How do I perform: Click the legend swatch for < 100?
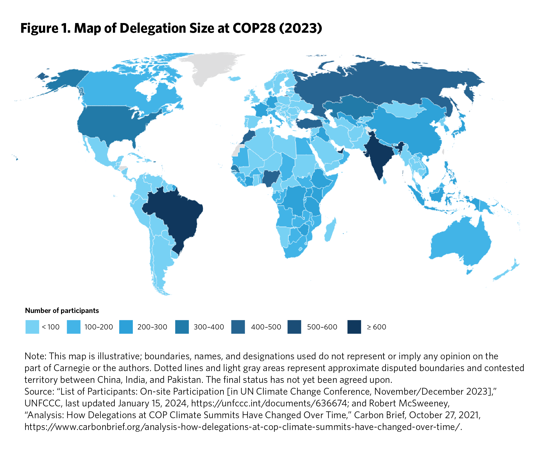point(32,327)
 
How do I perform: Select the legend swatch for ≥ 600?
point(354,327)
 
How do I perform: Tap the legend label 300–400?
point(209,327)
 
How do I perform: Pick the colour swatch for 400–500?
point(238,327)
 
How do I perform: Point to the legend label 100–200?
point(99,327)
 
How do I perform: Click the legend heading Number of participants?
point(62,311)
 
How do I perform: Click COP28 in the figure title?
point(254,28)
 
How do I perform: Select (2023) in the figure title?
point(301,28)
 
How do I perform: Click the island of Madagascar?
point(330,230)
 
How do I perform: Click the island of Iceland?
point(234,78)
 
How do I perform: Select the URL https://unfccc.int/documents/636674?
point(269,403)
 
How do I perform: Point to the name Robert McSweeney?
point(409,403)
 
